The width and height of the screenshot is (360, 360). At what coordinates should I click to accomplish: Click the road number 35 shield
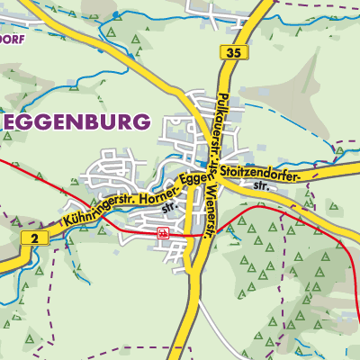[x=234, y=54]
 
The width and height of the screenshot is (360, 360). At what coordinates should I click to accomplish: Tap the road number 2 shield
[x=33, y=238]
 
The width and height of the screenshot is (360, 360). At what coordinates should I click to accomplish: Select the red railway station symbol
[x=162, y=233]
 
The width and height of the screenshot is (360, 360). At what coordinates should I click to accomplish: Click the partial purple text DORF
[x=13, y=39]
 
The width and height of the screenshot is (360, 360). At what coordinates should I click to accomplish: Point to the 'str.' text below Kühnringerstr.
[x=168, y=205]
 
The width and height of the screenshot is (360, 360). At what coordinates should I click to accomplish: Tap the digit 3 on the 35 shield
[x=230, y=54]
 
